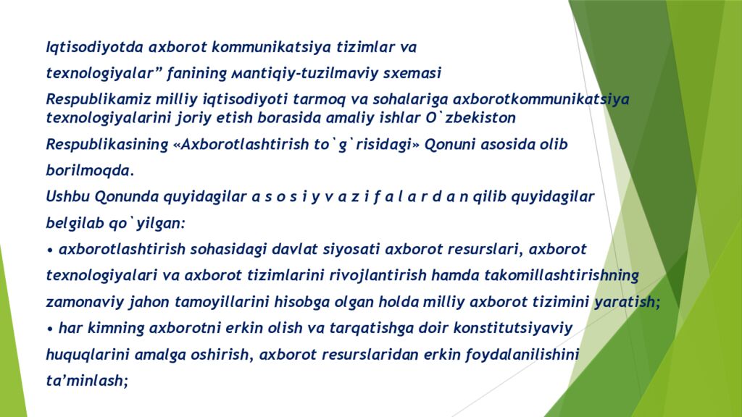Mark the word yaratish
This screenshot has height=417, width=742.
point(625,303)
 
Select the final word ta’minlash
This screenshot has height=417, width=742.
point(86,381)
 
